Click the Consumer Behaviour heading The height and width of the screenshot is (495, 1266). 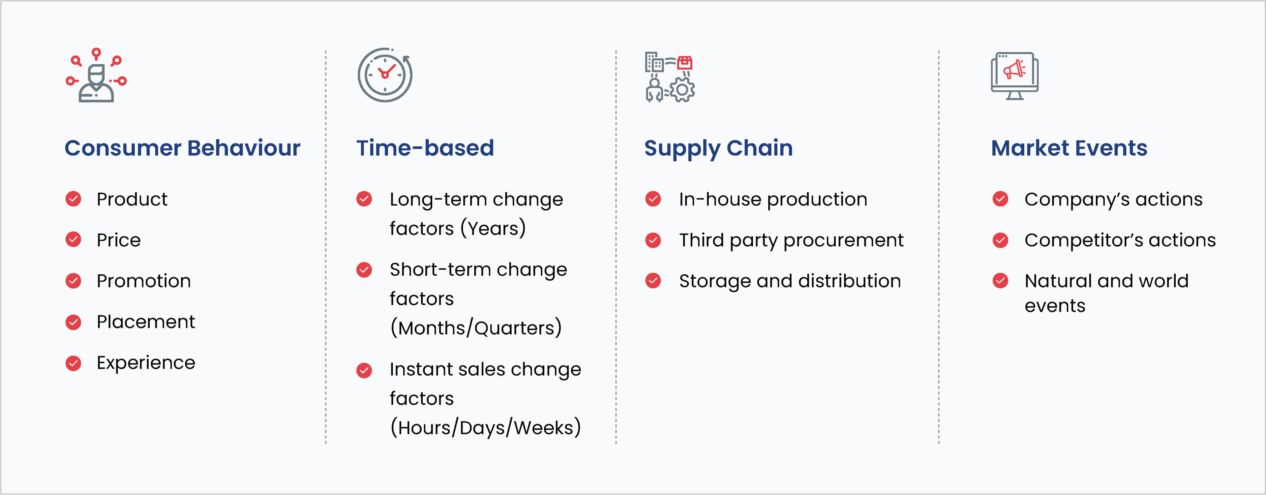click(182, 148)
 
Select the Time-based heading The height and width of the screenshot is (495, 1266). click(425, 148)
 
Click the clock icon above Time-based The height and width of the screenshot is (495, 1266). click(385, 75)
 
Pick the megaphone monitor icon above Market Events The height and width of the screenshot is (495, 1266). click(1014, 76)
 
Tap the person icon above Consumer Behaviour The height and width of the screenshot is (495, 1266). click(96, 75)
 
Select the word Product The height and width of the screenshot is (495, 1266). click(132, 199)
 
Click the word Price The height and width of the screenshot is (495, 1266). click(118, 240)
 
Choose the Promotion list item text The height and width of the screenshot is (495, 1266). click(143, 281)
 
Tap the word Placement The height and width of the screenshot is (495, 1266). click(145, 322)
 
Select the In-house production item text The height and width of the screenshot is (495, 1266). click(773, 199)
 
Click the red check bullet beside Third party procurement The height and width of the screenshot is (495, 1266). click(653, 240)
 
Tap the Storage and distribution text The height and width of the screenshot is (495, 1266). click(790, 281)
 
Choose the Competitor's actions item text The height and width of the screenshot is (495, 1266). click(1120, 240)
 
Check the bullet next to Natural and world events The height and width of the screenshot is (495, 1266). click(1001, 281)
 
